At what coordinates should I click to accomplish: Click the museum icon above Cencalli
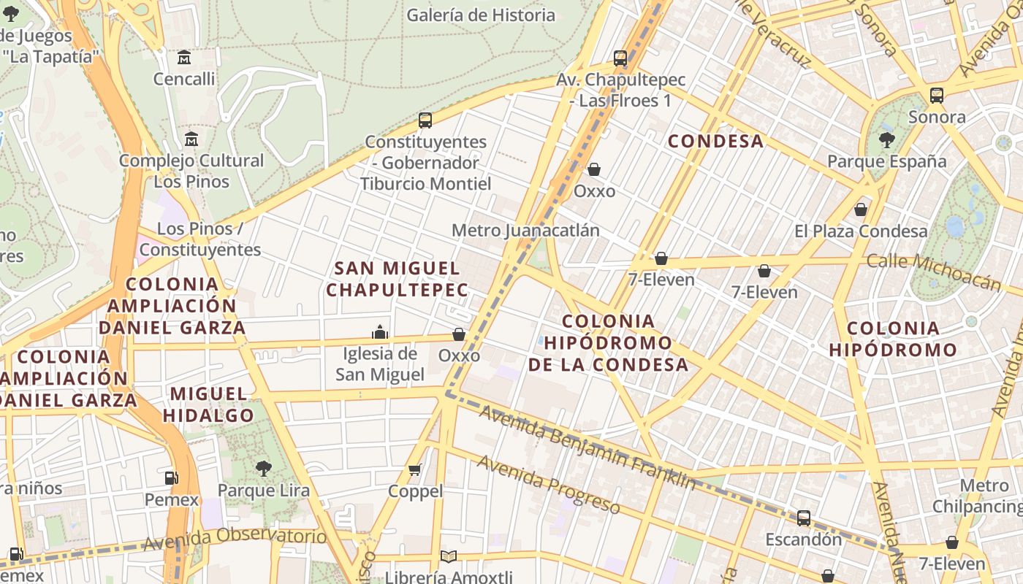(184, 57)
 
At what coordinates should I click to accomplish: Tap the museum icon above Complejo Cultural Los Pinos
(191, 139)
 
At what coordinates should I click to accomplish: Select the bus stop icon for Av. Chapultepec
(620, 58)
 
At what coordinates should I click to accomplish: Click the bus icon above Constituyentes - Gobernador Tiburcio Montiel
(425, 120)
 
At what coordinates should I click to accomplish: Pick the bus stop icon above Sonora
(937, 95)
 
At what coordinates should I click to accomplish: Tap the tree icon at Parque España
(887, 139)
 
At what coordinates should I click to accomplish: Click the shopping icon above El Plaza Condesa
(861, 210)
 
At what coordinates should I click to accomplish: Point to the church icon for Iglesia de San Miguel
(380, 332)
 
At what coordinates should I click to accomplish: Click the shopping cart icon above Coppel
(415, 469)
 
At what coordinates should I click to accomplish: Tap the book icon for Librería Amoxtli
(449, 557)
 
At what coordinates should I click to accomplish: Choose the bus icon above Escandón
(804, 518)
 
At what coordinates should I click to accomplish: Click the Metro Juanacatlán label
(525, 231)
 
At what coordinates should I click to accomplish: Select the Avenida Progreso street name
(549, 484)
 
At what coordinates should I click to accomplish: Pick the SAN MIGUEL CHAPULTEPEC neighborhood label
(397, 279)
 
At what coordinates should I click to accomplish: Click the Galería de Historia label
(481, 15)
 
